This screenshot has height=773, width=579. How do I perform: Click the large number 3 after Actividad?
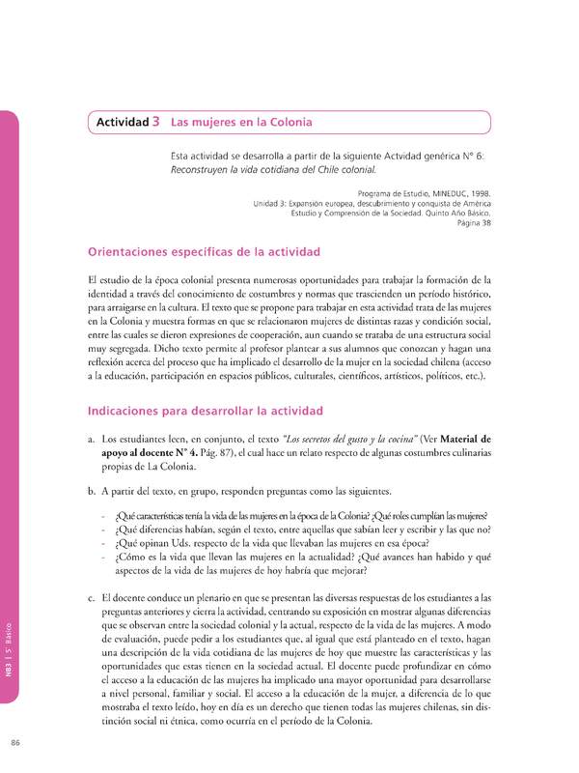click(155, 123)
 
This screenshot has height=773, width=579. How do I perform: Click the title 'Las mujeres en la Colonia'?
click(241, 124)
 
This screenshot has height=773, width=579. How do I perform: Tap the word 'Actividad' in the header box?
click(121, 124)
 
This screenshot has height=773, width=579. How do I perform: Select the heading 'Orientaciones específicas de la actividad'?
click(204, 251)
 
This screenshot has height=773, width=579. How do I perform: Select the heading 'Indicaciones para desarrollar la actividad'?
click(205, 411)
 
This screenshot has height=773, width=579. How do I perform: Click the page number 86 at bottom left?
click(15, 742)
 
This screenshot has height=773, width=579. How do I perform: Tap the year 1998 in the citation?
click(480, 194)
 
